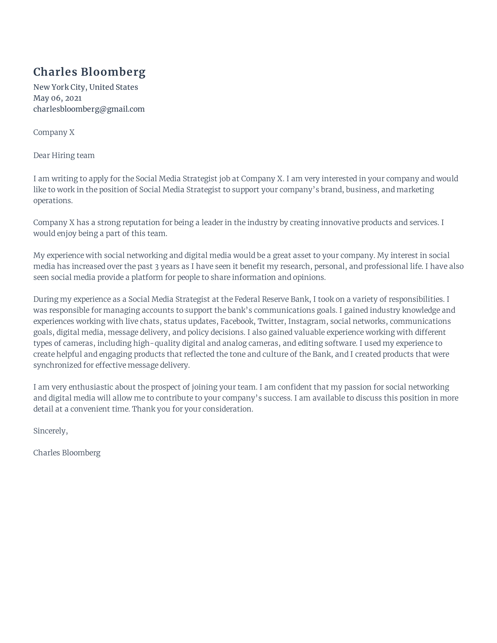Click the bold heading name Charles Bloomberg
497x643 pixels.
point(89,72)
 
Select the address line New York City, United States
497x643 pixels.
point(85,87)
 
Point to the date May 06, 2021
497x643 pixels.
point(57,98)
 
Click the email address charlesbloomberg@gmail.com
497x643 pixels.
point(89,109)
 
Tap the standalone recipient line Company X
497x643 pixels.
point(54,132)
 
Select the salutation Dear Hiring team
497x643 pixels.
point(64,155)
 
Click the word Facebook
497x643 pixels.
point(237,321)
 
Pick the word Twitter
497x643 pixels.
point(271,321)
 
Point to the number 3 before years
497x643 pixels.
point(157,267)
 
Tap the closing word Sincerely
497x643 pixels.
point(50,431)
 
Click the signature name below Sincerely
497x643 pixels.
point(67,453)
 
